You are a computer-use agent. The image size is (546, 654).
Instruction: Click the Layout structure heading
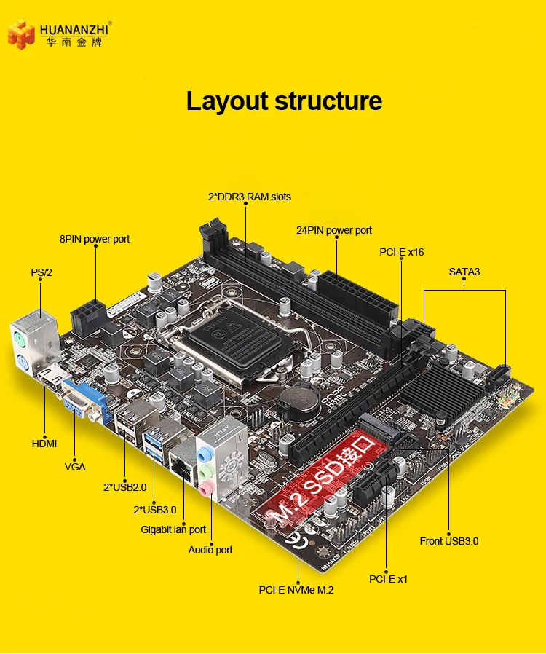tap(284, 101)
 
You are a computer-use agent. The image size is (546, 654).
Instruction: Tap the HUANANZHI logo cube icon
tap(21, 35)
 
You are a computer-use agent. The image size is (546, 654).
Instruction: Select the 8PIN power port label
tap(95, 239)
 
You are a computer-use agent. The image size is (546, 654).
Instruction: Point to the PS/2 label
tap(41, 272)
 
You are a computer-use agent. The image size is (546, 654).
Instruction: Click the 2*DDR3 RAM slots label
tap(249, 197)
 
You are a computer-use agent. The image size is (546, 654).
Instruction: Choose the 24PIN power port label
tap(334, 230)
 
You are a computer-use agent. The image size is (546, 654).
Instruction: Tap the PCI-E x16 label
tap(401, 252)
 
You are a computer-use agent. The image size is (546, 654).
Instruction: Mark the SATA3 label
tap(464, 272)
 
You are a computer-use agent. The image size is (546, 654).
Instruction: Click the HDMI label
tap(44, 443)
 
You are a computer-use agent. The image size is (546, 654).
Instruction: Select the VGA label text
tap(75, 467)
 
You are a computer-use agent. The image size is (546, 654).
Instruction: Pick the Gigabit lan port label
tap(173, 529)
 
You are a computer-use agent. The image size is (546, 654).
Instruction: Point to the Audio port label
tap(210, 550)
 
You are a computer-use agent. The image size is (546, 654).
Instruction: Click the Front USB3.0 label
tap(449, 541)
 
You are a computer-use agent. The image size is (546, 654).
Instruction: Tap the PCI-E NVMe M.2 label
tap(296, 590)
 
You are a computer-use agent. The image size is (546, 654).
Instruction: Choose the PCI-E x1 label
tap(388, 579)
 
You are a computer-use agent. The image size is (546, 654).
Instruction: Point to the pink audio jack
tap(207, 489)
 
